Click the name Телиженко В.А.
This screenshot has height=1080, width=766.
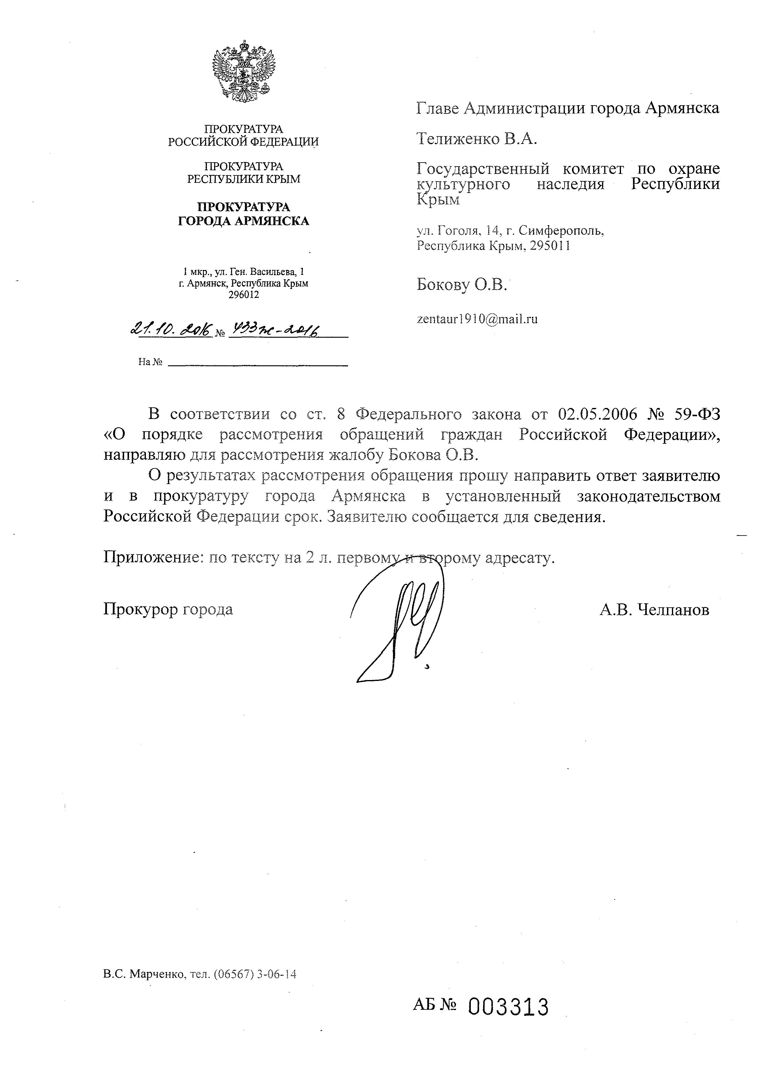(x=477, y=139)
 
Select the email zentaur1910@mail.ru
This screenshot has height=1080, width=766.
(x=477, y=319)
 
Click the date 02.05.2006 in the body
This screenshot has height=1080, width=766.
(x=597, y=414)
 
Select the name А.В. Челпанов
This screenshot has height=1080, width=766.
(x=654, y=610)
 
